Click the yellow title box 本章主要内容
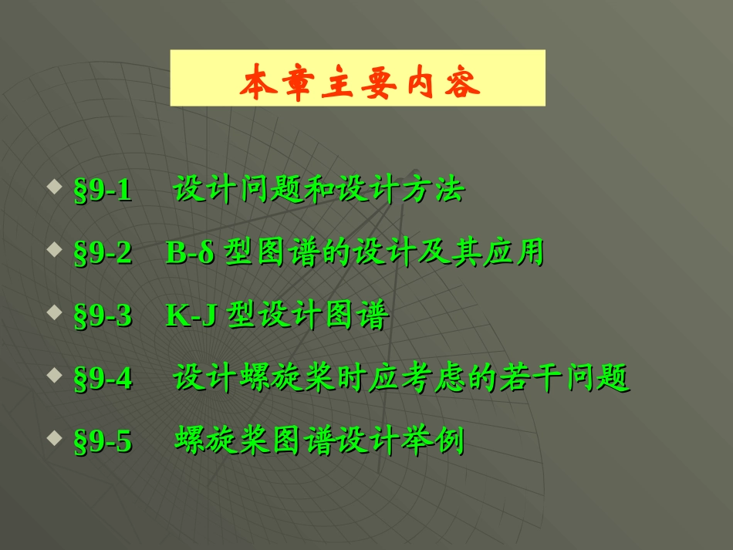pyautogui.click(x=357, y=78)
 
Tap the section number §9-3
pyautogui.click(x=103, y=317)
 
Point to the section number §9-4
pyautogui.click(x=103, y=380)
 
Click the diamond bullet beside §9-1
pyautogui.click(x=54, y=187)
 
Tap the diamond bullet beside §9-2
pyautogui.click(x=54, y=250)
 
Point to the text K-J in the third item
pyautogui.click(x=190, y=317)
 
